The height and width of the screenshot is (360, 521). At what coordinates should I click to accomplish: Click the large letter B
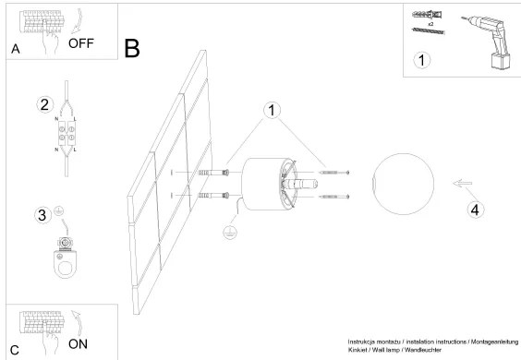coord(132,49)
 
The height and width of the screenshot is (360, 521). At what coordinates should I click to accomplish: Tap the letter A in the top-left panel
coord(15,50)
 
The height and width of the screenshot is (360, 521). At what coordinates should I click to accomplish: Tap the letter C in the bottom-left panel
coord(14,350)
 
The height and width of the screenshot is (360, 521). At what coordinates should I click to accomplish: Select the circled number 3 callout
coord(42,215)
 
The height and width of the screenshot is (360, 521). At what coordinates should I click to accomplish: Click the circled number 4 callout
coord(475,210)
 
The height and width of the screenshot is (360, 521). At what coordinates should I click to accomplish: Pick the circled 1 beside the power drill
coord(421,61)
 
